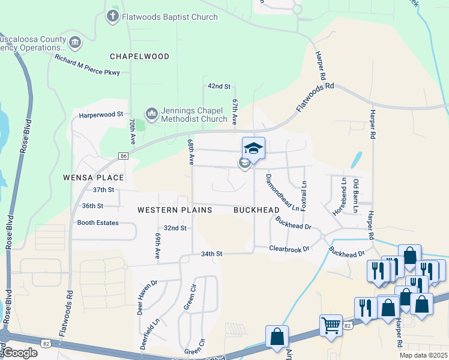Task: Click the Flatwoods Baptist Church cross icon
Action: coord(112,16)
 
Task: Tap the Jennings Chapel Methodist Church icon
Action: coord(151,113)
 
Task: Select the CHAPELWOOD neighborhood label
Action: coord(139,56)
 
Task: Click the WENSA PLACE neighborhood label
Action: coord(94,178)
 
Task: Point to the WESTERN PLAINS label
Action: coord(175,210)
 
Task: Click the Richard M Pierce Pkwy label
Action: coord(88,65)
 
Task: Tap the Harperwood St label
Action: coord(101,113)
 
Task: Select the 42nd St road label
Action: coord(219,86)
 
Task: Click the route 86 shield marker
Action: coord(124,156)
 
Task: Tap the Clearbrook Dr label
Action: coord(289,248)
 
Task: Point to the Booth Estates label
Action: coord(98,223)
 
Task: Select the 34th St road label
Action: coord(211,254)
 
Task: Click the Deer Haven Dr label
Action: coord(146,295)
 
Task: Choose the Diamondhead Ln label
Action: coord(282,192)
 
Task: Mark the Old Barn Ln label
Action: coord(356,191)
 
